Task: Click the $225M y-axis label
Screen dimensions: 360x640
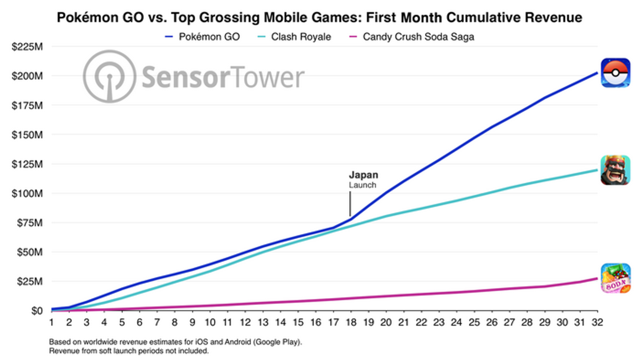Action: [x=27, y=47]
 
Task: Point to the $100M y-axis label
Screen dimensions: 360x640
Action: [x=27, y=194]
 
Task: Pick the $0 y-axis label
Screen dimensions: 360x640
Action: [x=37, y=311]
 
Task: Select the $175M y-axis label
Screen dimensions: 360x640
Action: [x=27, y=106]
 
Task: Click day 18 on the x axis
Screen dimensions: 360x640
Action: [x=351, y=322]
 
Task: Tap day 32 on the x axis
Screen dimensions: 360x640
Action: [x=597, y=322]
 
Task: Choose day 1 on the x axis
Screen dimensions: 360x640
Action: [x=52, y=322]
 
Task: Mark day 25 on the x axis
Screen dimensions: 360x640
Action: [x=474, y=322]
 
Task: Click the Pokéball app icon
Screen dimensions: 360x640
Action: [x=615, y=73]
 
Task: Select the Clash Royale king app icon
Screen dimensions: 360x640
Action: [x=615, y=170]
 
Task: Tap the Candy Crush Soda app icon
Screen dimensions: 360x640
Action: [x=615, y=278]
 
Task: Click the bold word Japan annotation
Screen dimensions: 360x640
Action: [x=363, y=175]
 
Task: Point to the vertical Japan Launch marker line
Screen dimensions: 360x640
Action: [x=350, y=204]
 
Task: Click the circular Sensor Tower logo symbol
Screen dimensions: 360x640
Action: [x=109, y=76]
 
